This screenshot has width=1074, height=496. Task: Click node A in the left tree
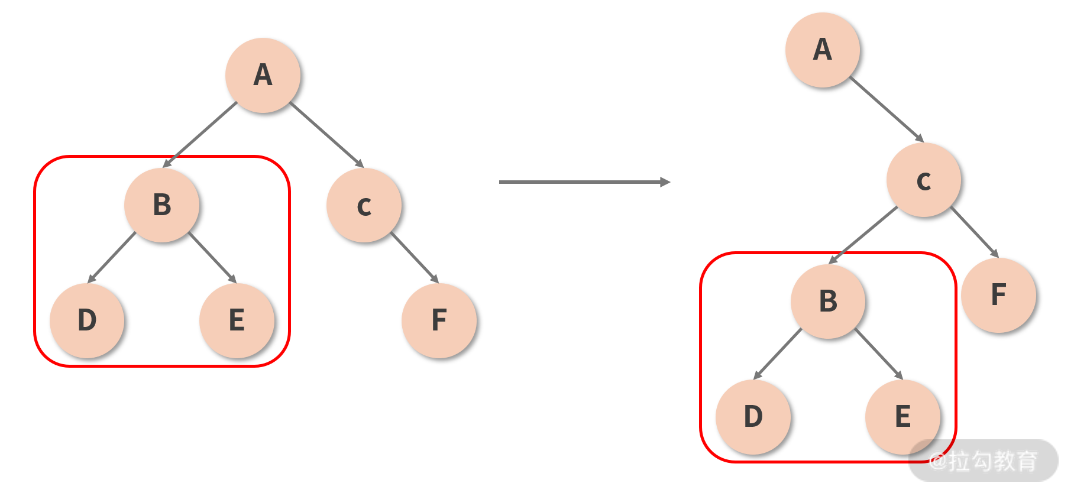click(x=263, y=75)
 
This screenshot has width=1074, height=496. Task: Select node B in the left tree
click(x=161, y=205)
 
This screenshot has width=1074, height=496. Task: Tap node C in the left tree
click(x=364, y=205)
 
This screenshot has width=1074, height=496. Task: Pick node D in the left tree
click(x=87, y=320)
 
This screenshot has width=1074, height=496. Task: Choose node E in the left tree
click(x=237, y=320)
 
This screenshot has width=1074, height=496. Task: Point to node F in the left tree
click(x=439, y=320)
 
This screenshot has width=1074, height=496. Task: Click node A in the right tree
click(x=822, y=50)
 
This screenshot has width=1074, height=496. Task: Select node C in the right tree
click(x=923, y=180)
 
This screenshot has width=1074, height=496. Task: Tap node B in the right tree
click(x=828, y=301)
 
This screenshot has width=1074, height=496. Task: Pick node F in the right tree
click(x=998, y=295)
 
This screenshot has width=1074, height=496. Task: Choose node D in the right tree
click(x=753, y=417)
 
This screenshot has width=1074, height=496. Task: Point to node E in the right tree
click(x=902, y=417)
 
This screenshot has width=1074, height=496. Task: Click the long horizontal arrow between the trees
click(x=584, y=182)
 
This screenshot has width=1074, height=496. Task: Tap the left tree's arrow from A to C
click(x=326, y=135)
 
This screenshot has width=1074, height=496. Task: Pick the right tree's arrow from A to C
click(x=886, y=109)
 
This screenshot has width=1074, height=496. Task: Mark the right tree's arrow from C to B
click(x=863, y=235)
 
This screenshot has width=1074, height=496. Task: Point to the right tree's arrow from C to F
click(x=975, y=232)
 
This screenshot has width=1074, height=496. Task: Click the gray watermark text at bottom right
click(x=983, y=461)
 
